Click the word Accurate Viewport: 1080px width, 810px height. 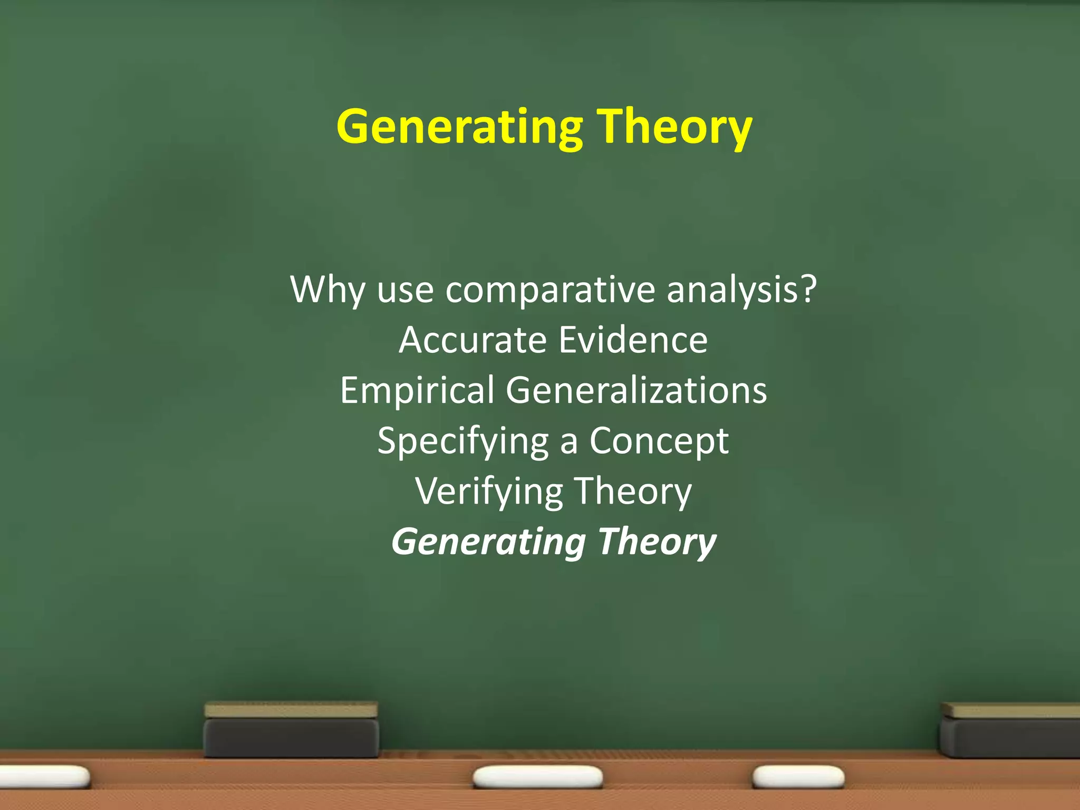point(472,340)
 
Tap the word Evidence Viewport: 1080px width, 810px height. point(633,340)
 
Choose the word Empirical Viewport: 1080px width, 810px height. point(417,390)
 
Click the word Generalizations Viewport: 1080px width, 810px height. point(636,390)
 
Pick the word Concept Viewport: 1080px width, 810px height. point(659,441)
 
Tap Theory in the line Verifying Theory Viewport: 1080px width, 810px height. point(632,491)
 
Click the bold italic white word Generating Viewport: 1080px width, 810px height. point(488,542)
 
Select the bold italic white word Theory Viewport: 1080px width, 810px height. point(657,542)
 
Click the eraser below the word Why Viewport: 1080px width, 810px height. point(291,730)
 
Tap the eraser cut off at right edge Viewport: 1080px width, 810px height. point(1009,730)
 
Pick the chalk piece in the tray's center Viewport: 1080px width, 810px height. point(537,777)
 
